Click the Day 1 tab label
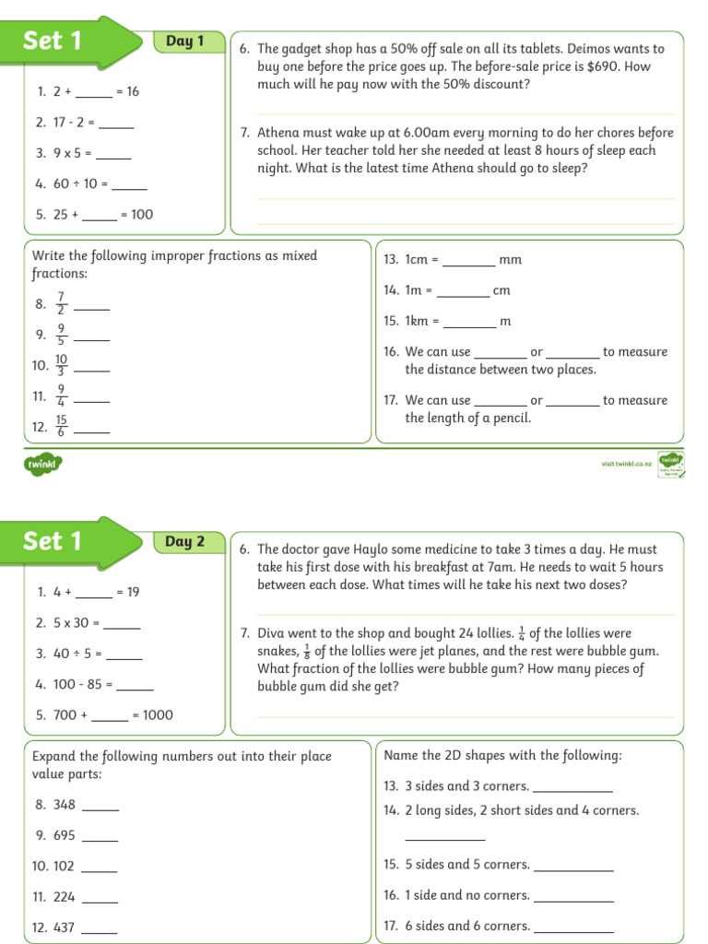[x=184, y=41]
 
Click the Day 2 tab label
[x=184, y=542]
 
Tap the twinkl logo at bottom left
[x=42, y=465]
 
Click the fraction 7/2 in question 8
[x=62, y=303]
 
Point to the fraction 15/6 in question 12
[x=61, y=426]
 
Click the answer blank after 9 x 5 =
[x=113, y=156]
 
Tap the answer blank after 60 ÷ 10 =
[x=129, y=186]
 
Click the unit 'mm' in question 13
[x=510, y=260]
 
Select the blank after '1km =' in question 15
[x=469, y=324]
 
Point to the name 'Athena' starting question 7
[x=278, y=133]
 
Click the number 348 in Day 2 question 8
[x=65, y=805]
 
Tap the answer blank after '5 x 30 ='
[x=122, y=625]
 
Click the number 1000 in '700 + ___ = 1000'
[x=157, y=715]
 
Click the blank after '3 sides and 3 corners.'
[x=572, y=788]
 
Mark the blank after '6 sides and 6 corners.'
[x=573, y=928]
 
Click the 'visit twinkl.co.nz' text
[x=626, y=464]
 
